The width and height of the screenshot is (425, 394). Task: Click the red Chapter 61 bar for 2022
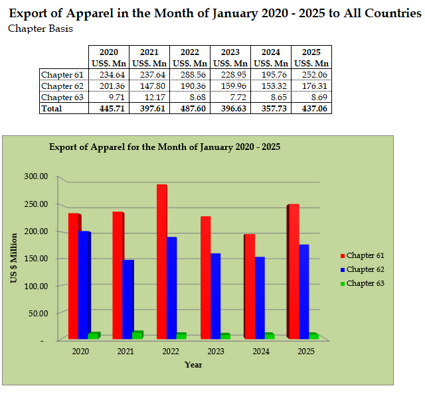[162, 262]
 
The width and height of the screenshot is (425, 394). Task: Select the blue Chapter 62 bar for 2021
[127, 299]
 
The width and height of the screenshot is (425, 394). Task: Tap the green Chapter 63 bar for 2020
[94, 336]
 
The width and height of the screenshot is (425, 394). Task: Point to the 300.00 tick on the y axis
[36, 176]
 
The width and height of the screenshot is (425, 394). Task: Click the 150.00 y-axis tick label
[36, 258]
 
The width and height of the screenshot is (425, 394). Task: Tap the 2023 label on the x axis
[214, 352]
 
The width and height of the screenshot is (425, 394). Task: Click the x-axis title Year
[193, 364]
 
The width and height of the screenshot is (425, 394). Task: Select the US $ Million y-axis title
[14, 258]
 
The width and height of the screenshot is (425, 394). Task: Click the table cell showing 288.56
[190, 75]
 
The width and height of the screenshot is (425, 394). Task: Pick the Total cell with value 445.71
[109, 107]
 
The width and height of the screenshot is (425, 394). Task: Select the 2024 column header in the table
[271, 52]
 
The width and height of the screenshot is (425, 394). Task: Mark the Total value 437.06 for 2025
[311, 107]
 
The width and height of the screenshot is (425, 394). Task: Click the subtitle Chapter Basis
[41, 29]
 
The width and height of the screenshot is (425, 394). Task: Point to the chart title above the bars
[165, 147]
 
